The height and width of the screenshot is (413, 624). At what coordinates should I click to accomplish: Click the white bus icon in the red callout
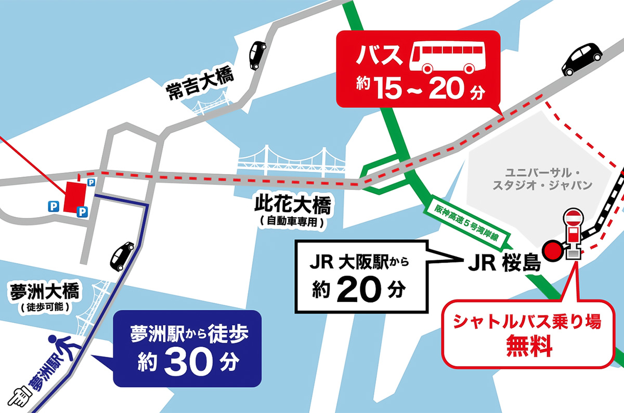coord(444,58)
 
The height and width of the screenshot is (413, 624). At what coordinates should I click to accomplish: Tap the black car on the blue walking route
coord(122,255)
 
